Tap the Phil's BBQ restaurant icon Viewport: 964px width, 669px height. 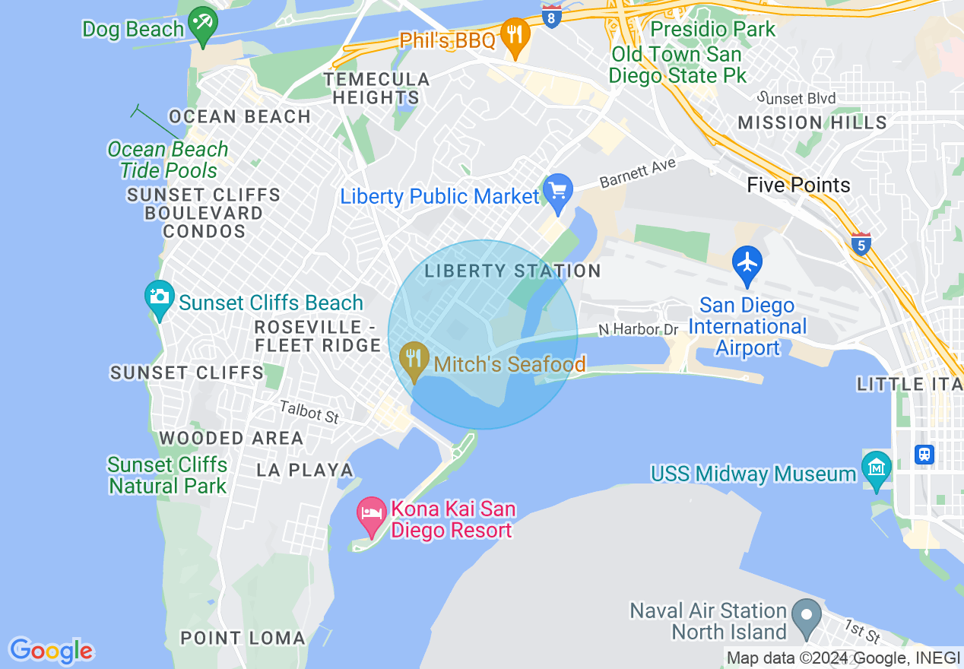[516, 35]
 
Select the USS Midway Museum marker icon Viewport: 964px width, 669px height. [877, 467]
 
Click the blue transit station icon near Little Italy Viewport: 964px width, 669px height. [924, 455]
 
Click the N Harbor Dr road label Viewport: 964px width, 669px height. [638, 329]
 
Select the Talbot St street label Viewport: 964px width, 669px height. [309, 412]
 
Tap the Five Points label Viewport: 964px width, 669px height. [798, 185]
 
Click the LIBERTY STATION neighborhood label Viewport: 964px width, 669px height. [512, 271]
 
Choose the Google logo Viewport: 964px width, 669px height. [51, 651]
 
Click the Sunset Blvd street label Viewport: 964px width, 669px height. [798, 98]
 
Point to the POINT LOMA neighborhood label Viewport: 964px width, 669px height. [243, 638]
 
